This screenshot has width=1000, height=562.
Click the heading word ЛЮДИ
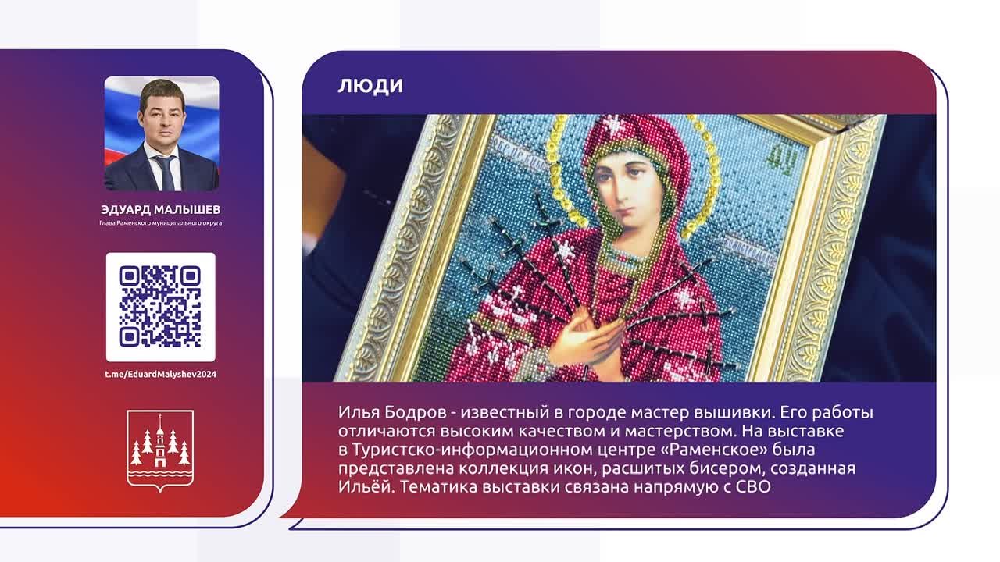click(370, 86)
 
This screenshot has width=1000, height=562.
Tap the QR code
click(160, 307)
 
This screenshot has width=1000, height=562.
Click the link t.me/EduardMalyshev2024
click(161, 374)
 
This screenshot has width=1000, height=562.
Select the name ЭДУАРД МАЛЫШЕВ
click(161, 210)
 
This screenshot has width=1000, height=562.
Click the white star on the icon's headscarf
click(615, 125)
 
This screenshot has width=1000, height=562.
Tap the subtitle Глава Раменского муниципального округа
click(161, 223)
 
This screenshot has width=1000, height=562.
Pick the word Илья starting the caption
click(359, 413)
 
